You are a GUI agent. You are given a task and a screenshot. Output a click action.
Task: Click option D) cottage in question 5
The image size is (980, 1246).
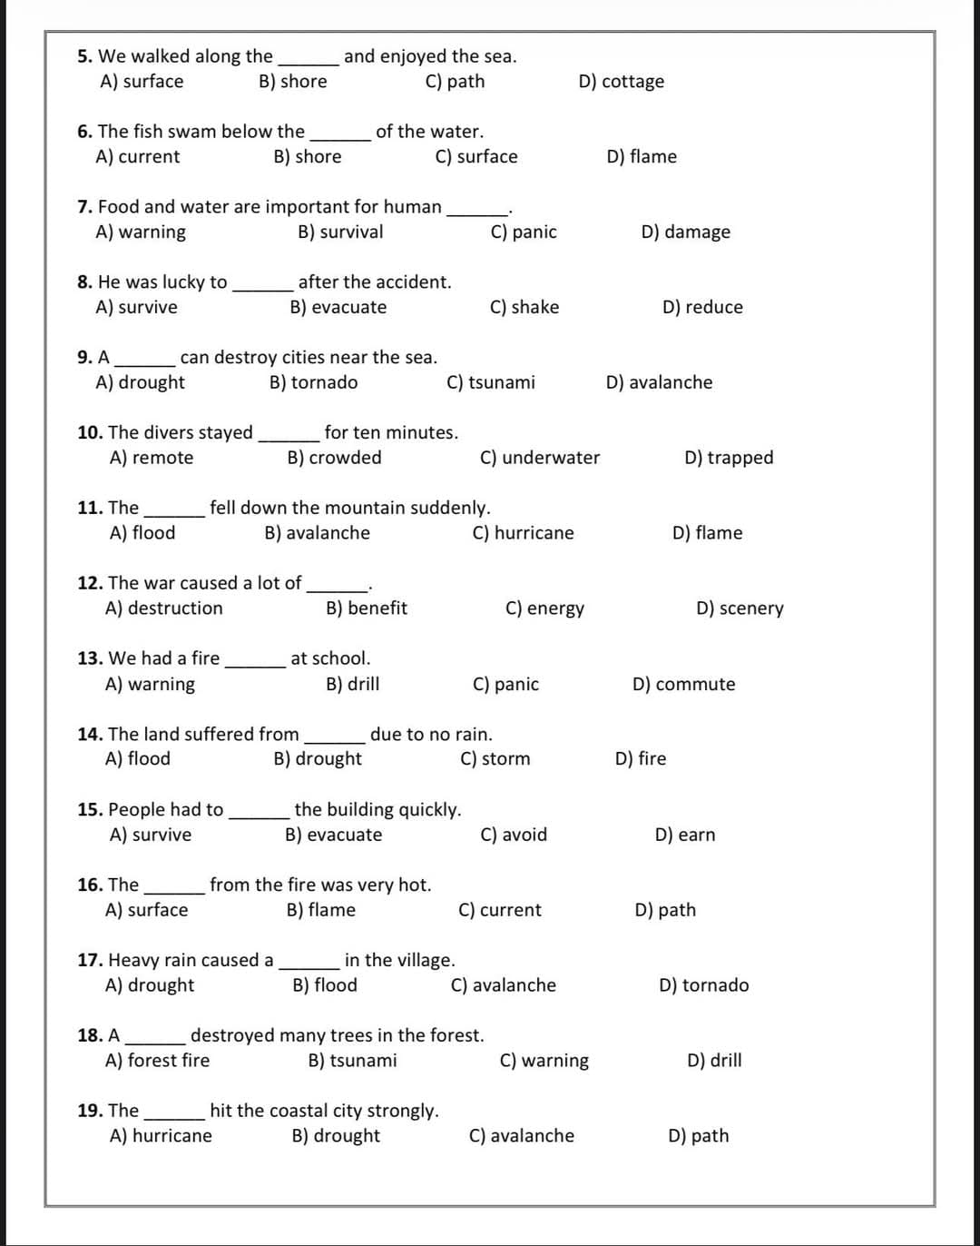point(621,82)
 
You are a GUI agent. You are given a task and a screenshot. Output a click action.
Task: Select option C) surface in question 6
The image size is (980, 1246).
point(476,157)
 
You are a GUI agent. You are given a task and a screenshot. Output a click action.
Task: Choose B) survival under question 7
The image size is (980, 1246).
point(340,232)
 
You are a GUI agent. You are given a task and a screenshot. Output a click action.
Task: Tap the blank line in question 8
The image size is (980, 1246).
point(262,289)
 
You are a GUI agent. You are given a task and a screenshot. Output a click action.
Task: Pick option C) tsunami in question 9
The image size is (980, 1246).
point(491,383)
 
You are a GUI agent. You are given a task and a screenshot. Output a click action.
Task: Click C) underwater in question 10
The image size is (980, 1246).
point(540,459)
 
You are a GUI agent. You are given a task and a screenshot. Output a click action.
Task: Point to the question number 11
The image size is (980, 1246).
point(89,508)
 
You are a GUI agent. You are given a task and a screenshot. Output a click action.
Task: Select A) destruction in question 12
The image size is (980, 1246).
point(164,608)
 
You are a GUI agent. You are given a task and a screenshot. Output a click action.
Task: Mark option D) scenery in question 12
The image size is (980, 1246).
point(740,608)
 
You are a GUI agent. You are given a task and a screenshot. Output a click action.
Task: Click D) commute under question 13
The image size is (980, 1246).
point(683,685)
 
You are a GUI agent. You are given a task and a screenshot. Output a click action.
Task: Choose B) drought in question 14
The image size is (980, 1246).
point(318,759)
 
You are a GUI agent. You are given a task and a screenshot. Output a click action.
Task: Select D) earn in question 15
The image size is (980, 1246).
point(685,836)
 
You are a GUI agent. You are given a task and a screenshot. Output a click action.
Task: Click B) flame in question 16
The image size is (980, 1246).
point(321,911)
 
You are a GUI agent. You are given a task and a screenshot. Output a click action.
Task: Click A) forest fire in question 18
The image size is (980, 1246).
point(158,1061)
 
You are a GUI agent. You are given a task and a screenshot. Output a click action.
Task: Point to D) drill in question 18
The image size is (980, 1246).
point(714,1061)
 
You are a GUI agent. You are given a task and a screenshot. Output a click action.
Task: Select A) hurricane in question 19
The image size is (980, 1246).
point(161,1136)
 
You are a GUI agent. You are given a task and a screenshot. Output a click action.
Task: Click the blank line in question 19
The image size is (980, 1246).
point(173,1117)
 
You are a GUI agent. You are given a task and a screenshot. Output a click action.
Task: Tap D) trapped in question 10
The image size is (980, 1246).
point(729,459)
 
